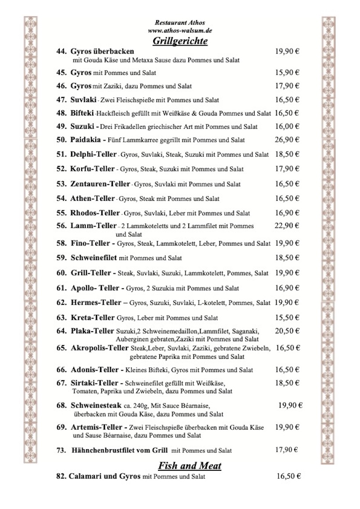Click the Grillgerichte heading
coord(180,41)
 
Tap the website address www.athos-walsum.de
coord(180,31)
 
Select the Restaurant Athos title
coord(180,22)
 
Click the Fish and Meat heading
coord(189,466)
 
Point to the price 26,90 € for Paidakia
coord(287,140)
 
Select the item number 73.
coord(62,450)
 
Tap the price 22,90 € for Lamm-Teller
coord(287,226)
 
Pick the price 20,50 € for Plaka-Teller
coord(287,331)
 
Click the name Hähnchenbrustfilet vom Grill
coord(120,450)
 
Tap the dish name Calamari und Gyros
coord(104,476)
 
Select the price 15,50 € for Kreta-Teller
coord(287,317)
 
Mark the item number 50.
coord(61,140)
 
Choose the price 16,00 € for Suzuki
coord(287,126)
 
